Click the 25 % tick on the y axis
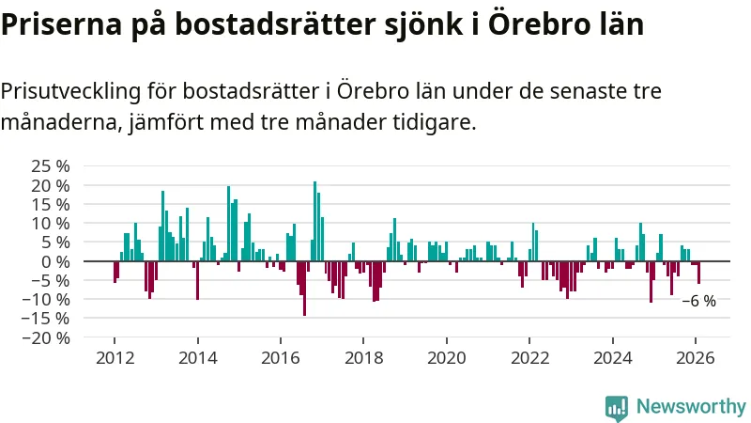52,166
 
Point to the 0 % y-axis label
56,261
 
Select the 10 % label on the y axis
52,224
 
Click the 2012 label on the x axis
115,357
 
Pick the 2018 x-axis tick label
363,357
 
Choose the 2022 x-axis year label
529,357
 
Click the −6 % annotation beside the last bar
698,302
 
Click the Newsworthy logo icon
617,407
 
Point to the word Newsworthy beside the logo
691,407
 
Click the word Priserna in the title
54,25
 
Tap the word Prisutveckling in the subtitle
72,92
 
